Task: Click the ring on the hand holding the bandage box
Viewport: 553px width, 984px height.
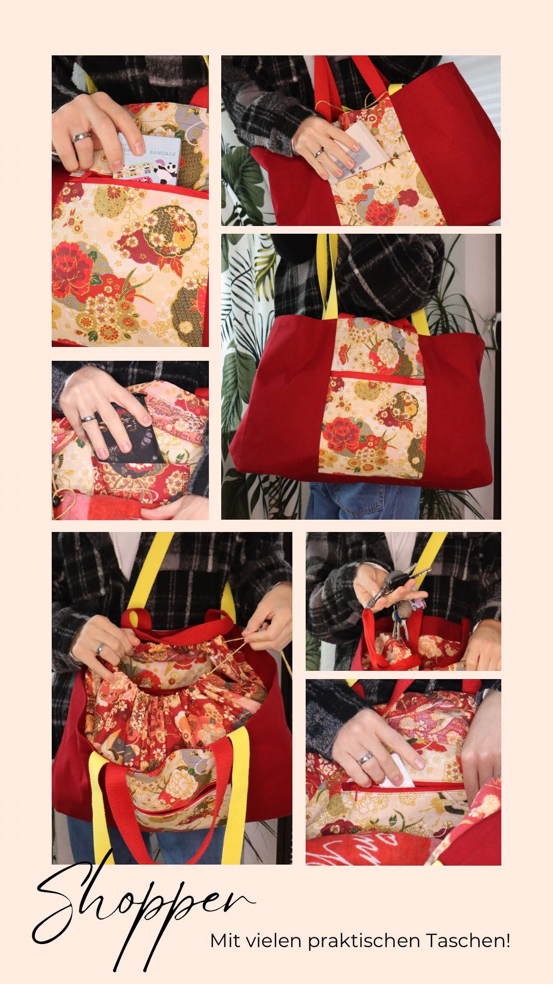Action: (82, 137)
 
